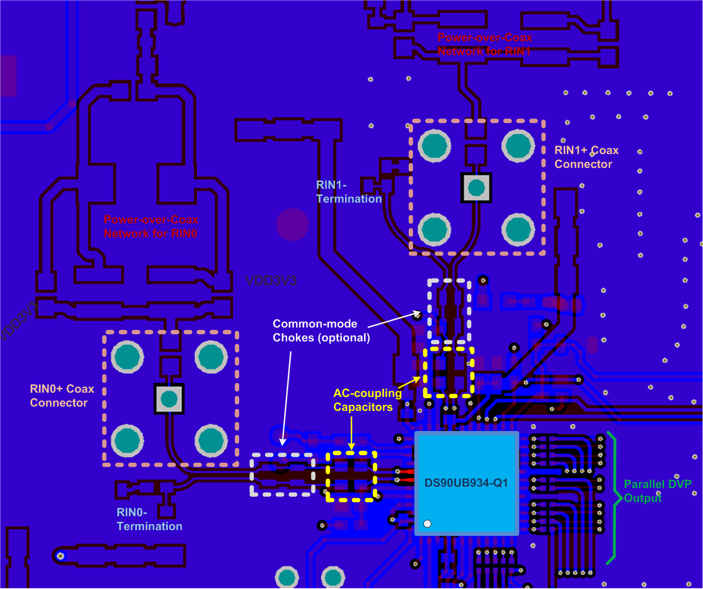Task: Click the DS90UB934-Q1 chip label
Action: [x=466, y=483]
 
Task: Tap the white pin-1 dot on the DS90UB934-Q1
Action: [x=427, y=524]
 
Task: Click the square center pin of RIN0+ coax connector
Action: [x=169, y=398]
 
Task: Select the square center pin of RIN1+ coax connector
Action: [x=476, y=188]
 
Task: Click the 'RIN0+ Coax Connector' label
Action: [x=62, y=396]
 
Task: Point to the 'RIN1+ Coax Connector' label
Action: [x=586, y=157]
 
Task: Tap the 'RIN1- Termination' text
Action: [x=349, y=192]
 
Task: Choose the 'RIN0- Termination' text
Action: [x=149, y=520]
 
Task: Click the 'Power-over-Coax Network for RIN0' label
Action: [x=151, y=227]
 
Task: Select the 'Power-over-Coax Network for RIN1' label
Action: [x=485, y=44]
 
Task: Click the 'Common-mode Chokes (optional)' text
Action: [x=321, y=331]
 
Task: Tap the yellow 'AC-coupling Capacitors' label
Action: [x=367, y=400]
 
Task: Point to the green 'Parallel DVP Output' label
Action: [x=657, y=491]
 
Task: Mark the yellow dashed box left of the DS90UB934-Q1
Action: [x=351, y=477]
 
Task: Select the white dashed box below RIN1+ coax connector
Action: [x=449, y=311]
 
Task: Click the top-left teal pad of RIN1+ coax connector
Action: [x=434, y=146]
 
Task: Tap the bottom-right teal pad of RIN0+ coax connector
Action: [x=211, y=440]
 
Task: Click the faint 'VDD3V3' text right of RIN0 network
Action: [x=271, y=281]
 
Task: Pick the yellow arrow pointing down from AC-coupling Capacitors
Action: [x=351, y=433]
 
